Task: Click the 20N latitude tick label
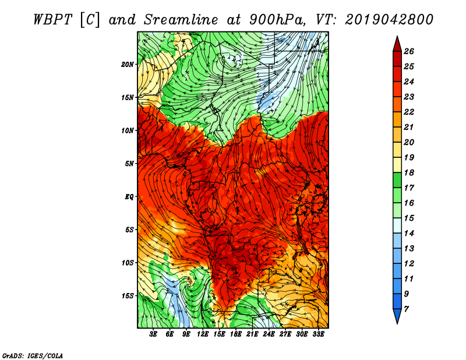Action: point(127,65)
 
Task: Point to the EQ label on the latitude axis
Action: point(129,197)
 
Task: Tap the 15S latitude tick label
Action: point(128,296)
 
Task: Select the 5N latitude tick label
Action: point(129,164)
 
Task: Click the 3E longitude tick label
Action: point(153,334)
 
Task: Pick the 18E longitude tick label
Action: point(236,334)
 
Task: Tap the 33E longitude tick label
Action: point(318,334)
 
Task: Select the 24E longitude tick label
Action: point(269,334)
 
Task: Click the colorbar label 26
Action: point(409,51)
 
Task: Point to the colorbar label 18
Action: point(409,172)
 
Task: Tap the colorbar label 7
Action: point(406,309)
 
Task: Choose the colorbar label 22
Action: point(409,112)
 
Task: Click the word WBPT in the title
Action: point(52,20)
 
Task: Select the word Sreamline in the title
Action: point(181,20)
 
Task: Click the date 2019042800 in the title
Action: point(389,20)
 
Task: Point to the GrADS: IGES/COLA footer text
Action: point(33,356)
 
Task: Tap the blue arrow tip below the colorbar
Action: point(397,323)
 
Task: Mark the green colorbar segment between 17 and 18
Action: point(397,180)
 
